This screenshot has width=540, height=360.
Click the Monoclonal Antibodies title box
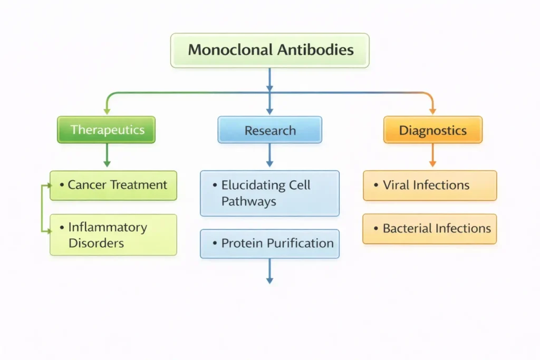[269, 51]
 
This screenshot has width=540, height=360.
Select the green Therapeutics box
[107, 130]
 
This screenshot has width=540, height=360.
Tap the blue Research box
[269, 130]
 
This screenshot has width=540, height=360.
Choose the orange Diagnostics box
[432, 130]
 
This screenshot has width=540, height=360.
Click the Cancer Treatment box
[113, 185]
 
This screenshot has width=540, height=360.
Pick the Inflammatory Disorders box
[113, 235]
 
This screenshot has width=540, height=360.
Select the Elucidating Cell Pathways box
[269, 193]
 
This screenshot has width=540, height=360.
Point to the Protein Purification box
[269, 244]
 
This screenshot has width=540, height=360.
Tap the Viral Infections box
[430, 186]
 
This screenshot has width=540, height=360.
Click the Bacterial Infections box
[430, 229]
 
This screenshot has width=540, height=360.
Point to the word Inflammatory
[108, 228]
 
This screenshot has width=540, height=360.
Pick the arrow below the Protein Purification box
[269, 271]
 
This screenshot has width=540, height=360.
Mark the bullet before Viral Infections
[375, 186]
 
